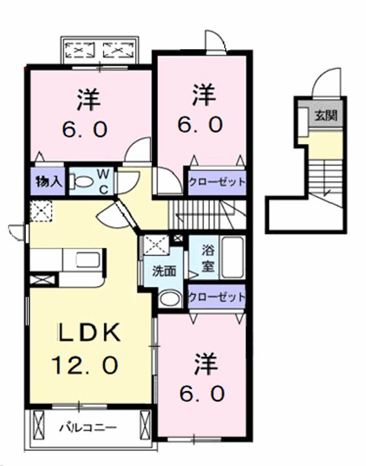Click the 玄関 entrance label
click(x=326, y=115)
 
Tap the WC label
click(x=103, y=182)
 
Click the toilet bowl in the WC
click(x=81, y=182)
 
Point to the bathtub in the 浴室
click(x=233, y=258)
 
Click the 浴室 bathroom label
click(x=208, y=258)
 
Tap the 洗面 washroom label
click(x=164, y=271)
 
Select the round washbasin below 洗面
click(x=169, y=298)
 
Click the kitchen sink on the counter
click(x=88, y=259)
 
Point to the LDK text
click(x=89, y=331)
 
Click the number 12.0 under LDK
click(x=85, y=364)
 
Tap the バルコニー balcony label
click(x=89, y=428)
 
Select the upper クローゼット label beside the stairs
click(x=217, y=181)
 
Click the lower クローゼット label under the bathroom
click(x=217, y=297)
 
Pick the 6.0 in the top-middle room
click(x=200, y=124)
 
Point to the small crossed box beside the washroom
click(x=178, y=238)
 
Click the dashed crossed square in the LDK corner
click(x=41, y=211)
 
